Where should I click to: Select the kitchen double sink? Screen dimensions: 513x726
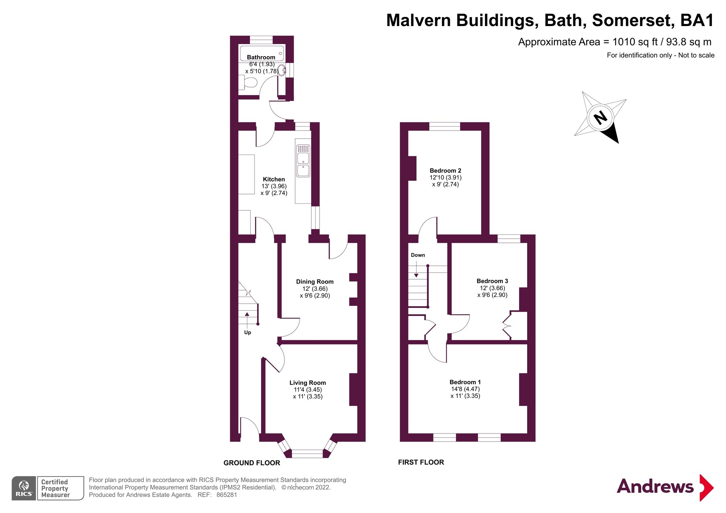click(x=303, y=161)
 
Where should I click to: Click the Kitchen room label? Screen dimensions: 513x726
click(x=274, y=179)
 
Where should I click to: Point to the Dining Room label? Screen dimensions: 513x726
click(x=315, y=282)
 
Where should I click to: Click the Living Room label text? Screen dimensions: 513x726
click(x=308, y=383)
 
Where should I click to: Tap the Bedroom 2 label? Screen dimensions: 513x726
click(x=445, y=171)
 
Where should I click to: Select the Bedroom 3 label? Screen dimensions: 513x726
click(x=492, y=281)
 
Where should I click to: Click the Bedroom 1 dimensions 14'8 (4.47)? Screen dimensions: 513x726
click(x=465, y=389)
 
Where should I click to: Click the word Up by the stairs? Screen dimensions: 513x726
click(x=247, y=332)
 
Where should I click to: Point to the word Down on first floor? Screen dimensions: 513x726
click(x=418, y=255)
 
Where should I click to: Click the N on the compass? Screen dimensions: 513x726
click(x=600, y=118)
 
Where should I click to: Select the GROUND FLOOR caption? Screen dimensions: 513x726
click(x=252, y=463)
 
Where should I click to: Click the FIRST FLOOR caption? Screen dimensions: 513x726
click(x=421, y=462)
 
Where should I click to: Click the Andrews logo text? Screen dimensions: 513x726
click(x=655, y=487)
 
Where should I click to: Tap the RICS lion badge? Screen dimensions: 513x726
click(x=24, y=488)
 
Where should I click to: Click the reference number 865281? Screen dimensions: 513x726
click(x=227, y=495)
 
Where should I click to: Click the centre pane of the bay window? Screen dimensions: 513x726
click(x=307, y=454)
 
